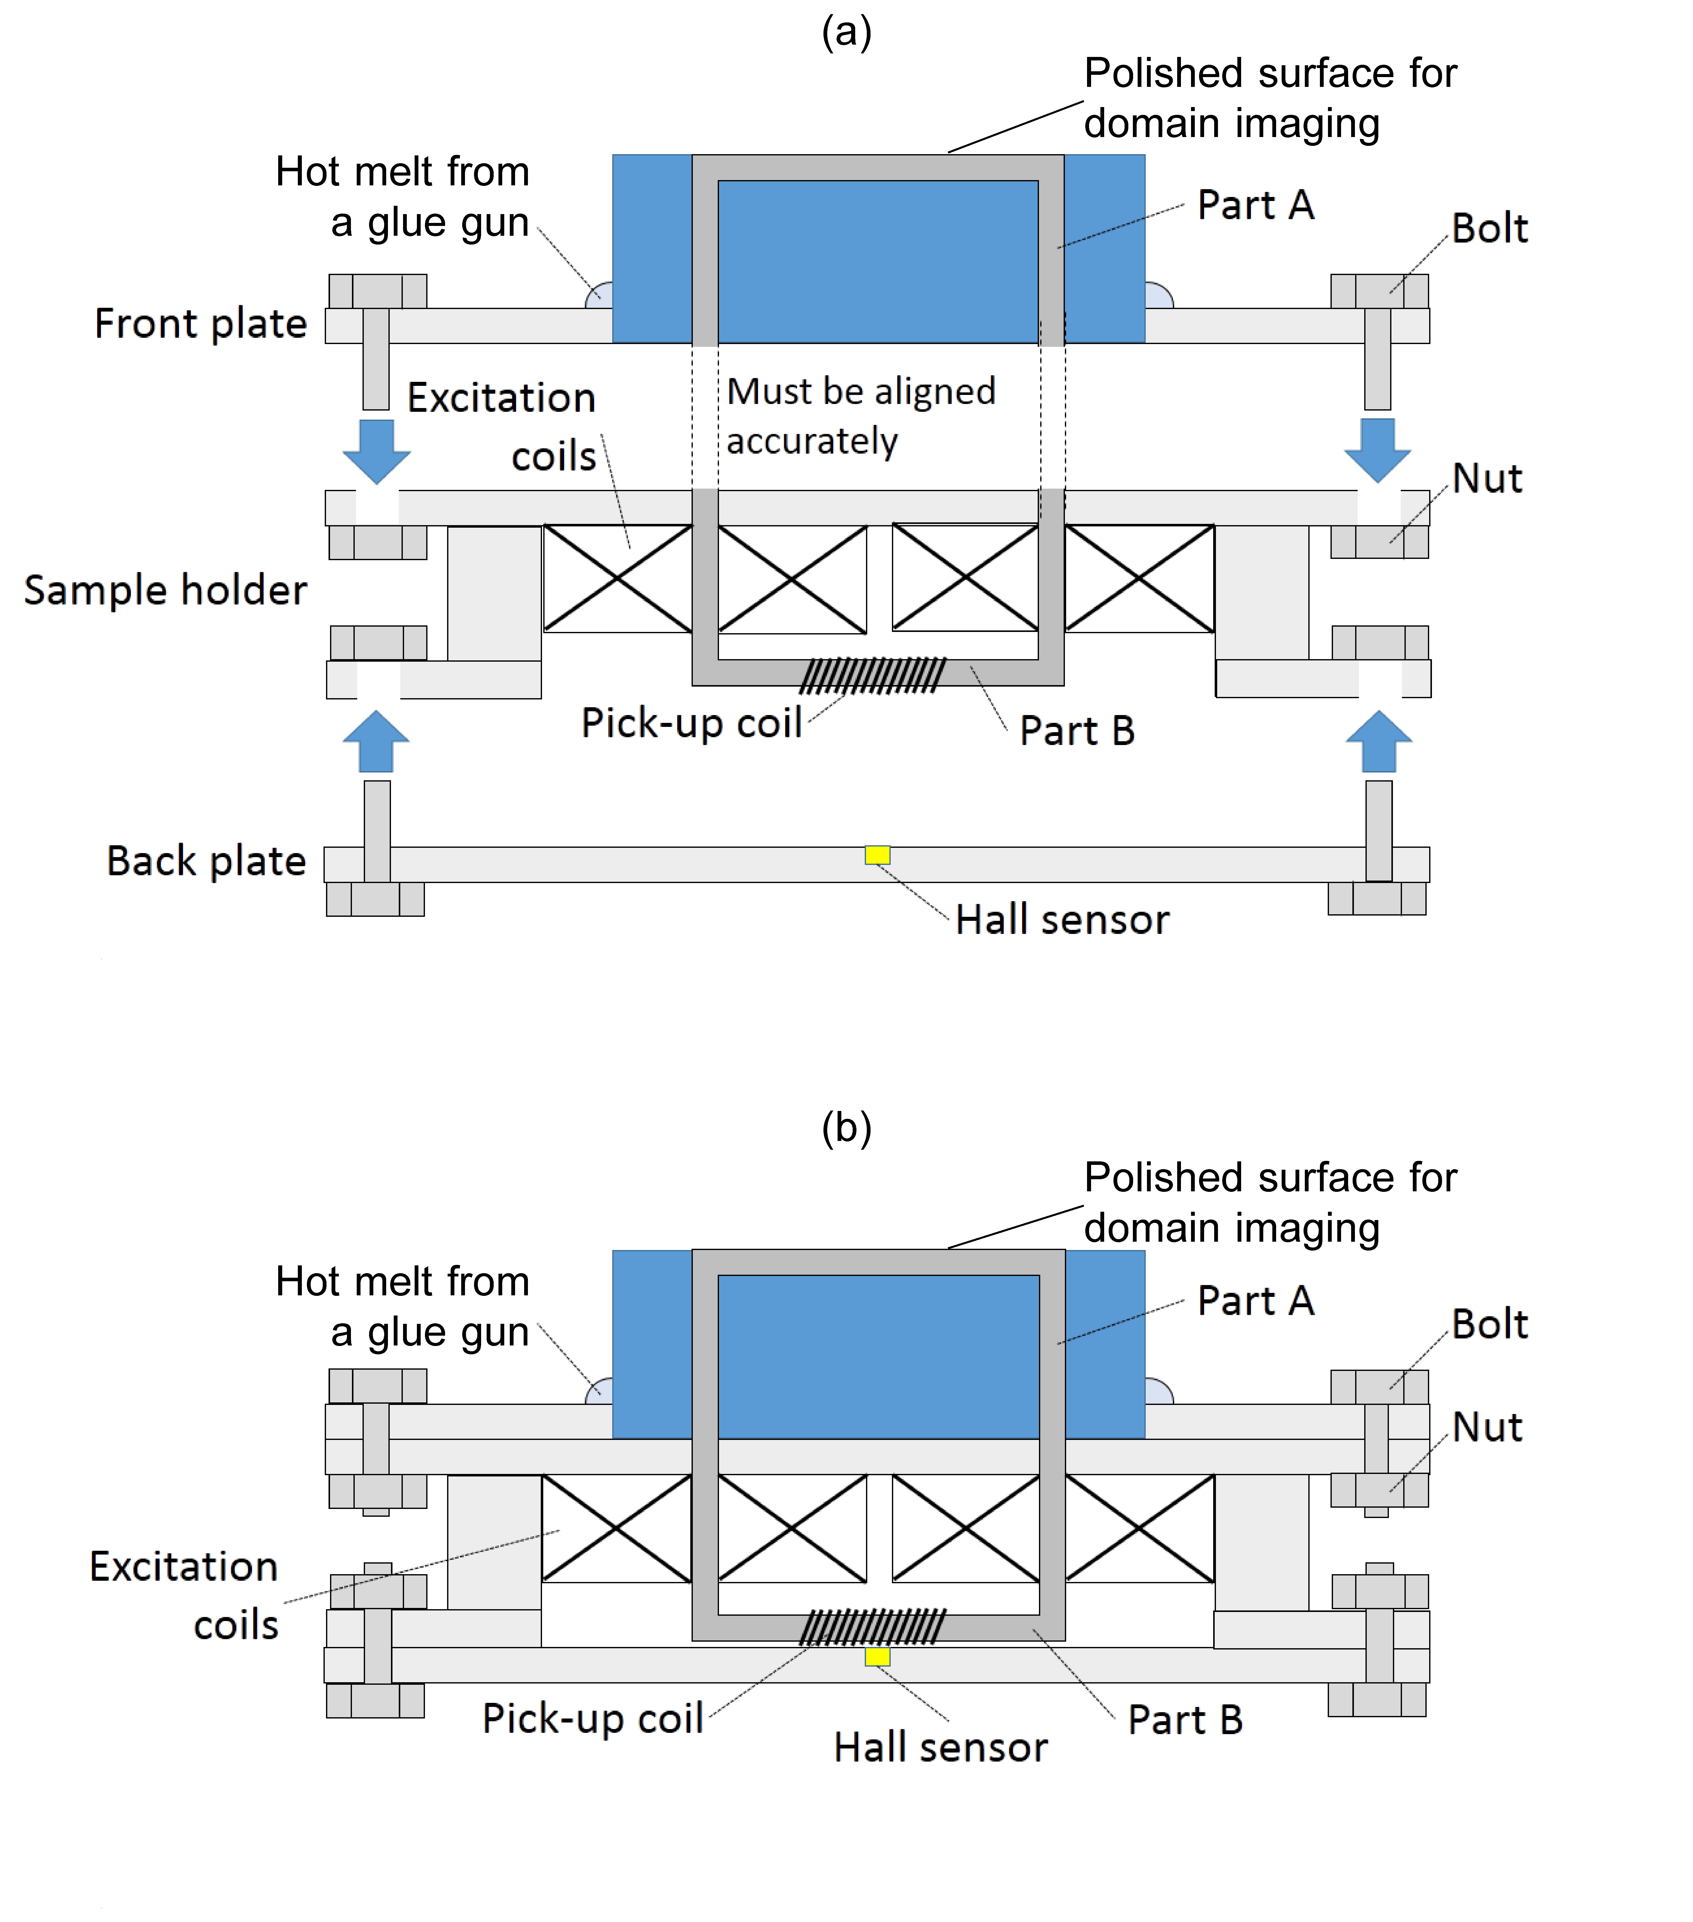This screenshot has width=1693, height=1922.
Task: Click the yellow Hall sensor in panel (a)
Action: click(x=877, y=855)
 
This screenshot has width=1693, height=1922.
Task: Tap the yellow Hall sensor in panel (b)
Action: click(x=877, y=1657)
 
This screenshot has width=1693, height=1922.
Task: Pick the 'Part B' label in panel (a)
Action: click(x=1077, y=731)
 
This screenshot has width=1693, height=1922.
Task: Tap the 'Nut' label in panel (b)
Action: click(x=1487, y=1427)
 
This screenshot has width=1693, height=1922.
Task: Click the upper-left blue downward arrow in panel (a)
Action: click(x=376, y=451)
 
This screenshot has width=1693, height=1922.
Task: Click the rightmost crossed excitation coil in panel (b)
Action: click(x=1139, y=1528)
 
